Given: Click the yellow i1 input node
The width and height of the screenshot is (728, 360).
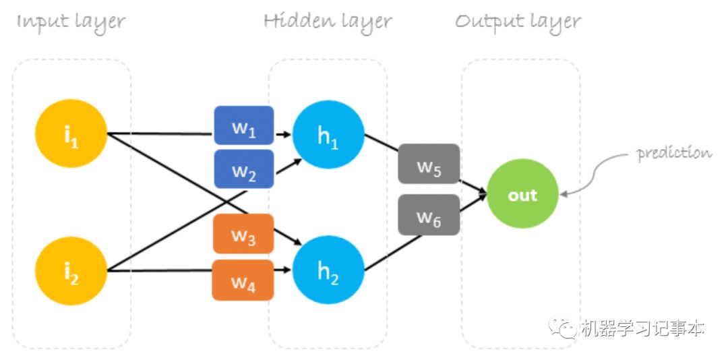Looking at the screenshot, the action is (x=71, y=134).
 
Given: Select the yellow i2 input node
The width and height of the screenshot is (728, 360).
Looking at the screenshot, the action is (x=71, y=271).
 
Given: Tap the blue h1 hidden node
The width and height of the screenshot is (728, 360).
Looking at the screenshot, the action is (x=328, y=134).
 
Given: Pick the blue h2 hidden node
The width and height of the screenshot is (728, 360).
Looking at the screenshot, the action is (x=328, y=270).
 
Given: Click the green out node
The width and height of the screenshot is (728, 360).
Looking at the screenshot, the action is (x=522, y=193).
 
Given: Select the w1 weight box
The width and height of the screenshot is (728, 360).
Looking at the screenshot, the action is (x=244, y=125).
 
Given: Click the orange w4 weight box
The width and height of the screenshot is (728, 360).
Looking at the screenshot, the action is (x=243, y=280).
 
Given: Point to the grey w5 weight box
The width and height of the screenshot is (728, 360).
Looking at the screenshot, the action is (x=429, y=164).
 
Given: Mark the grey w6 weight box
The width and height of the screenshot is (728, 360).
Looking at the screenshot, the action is (x=429, y=214).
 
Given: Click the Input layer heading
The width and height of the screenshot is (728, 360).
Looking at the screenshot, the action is (x=71, y=22).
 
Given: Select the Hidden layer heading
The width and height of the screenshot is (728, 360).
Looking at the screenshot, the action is (x=328, y=22).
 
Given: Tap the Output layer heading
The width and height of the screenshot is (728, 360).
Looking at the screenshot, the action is (x=518, y=22).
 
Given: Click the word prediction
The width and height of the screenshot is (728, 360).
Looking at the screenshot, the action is (x=673, y=153).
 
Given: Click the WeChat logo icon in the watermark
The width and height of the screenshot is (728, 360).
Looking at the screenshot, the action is (x=562, y=328).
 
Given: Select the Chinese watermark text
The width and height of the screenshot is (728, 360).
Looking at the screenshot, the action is (x=643, y=328).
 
